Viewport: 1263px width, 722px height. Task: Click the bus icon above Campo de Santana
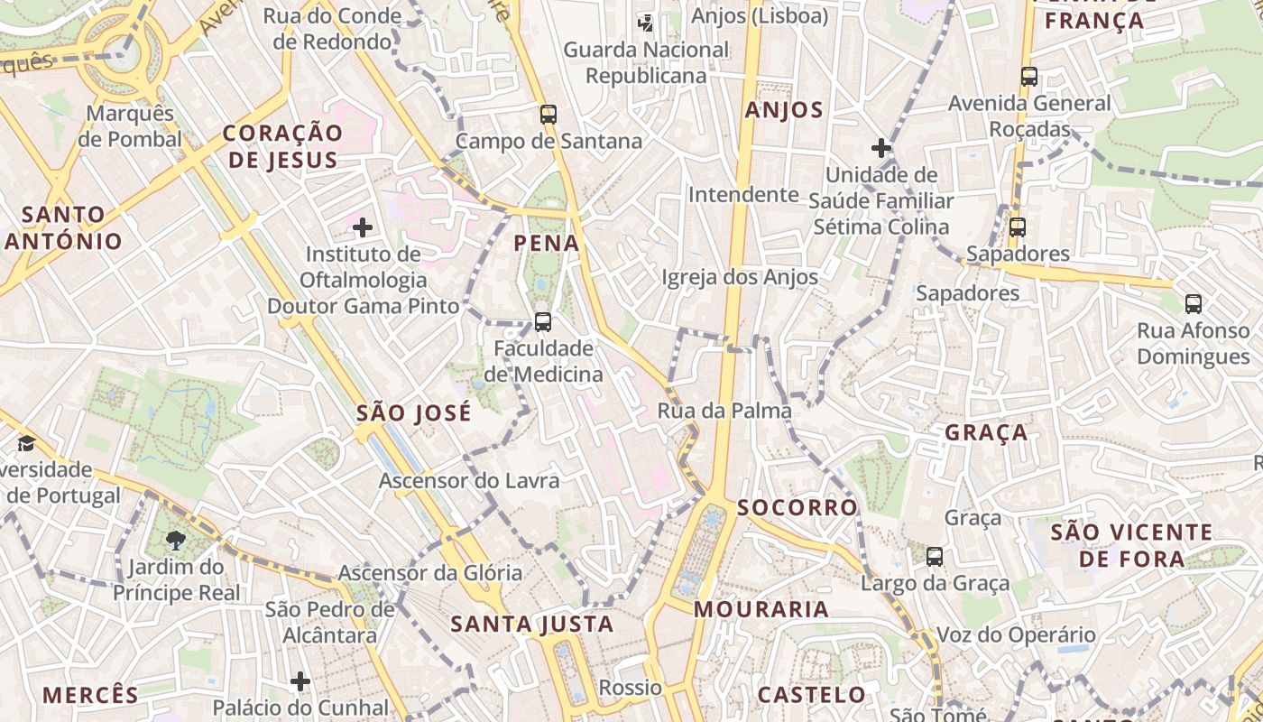click(548, 115)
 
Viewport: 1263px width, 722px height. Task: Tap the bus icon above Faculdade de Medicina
click(542, 322)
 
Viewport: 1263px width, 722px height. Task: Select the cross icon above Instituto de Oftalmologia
click(363, 227)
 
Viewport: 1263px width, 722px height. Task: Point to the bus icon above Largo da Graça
click(935, 557)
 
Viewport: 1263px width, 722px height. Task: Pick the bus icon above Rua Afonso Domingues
click(1194, 304)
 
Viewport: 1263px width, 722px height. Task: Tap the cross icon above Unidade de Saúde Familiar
click(881, 148)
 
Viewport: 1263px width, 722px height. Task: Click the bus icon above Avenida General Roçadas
click(1029, 77)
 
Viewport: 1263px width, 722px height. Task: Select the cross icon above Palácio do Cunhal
click(300, 681)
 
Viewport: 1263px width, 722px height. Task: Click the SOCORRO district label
click(797, 507)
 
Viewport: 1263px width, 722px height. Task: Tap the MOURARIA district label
click(761, 609)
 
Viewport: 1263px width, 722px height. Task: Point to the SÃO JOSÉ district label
click(414, 413)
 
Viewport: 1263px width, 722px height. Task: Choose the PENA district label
click(547, 243)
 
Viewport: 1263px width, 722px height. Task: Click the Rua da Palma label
click(724, 411)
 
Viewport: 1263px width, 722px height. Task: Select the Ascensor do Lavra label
click(469, 480)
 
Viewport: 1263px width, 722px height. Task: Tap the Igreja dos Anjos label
click(740, 277)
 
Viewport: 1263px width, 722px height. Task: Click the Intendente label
click(743, 194)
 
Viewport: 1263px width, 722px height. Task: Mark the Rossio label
click(631, 688)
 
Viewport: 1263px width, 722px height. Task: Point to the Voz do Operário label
click(1017, 634)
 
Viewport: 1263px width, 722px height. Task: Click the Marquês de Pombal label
click(129, 126)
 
